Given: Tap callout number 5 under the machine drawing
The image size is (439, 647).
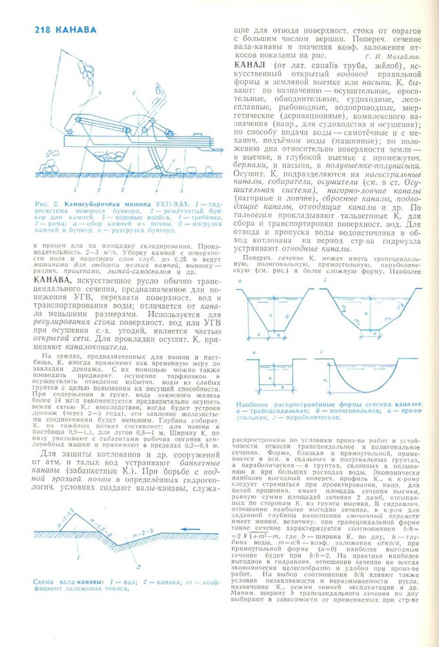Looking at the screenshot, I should pyautogui.click(x=182, y=191).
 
